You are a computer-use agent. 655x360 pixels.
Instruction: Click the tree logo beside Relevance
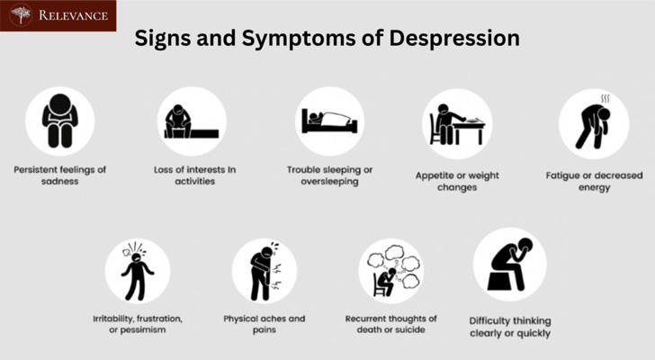click(x=21, y=15)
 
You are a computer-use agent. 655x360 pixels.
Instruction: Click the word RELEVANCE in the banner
click(x=74, y=15)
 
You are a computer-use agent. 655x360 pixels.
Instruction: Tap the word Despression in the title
click(x=454, y=38)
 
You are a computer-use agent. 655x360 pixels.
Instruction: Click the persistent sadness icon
click(x=60, y=121)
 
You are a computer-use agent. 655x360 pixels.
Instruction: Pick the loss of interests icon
click(x=192, y=121)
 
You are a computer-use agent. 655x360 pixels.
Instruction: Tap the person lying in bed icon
click(x=329, y=121)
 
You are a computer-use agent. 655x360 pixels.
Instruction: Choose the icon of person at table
click(x=457, y=123)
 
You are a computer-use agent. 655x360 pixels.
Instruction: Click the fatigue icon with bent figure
click(x=594, y=123)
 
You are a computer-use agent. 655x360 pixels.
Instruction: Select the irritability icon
click(x=138, y=271)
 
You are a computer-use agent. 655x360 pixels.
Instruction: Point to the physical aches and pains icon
click(x=265, y=271)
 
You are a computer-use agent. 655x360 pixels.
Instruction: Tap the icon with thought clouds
click(x=391, y=271)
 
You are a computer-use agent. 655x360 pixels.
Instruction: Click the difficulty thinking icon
click(x=509, y=265)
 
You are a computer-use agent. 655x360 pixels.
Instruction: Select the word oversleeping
click(x=329, y=182)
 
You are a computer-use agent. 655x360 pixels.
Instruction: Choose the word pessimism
click(x=143, y=330)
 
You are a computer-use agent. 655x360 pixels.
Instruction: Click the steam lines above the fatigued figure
click(x=605, y=99)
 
